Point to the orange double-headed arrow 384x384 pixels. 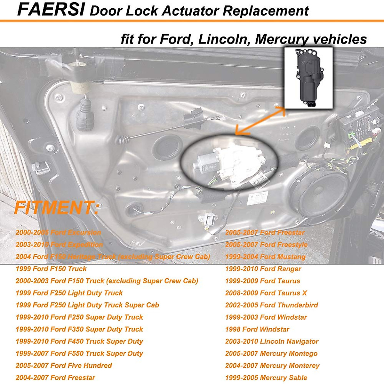pos(260,121)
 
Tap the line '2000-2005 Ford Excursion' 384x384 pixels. pos(58,233)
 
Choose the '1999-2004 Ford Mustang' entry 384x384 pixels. pos(265,257)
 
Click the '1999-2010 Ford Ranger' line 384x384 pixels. pos(263,269)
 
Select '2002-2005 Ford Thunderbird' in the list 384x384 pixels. pos(271,305)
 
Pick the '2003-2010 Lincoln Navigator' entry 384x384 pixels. pos(272,341)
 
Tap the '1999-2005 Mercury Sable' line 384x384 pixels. pos(266,378)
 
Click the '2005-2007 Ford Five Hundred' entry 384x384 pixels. pos(64,365)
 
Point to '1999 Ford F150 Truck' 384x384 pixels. pos(51,269)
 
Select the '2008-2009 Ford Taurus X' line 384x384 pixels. pos(266,293)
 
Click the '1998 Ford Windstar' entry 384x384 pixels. pos(257,329)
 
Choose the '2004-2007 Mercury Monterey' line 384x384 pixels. pos(272,365)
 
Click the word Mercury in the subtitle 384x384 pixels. pos(282,39)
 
